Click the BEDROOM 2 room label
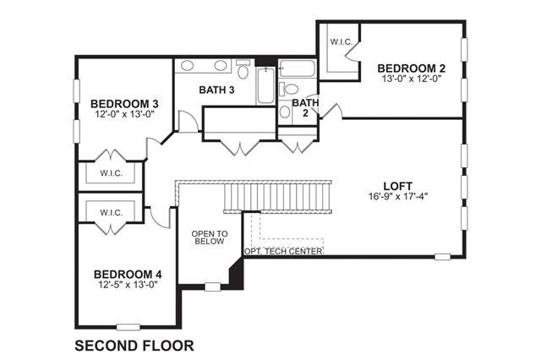(412, 68)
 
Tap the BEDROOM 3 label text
(124, 103)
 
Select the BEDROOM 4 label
(128, 275)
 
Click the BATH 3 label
(216, 90)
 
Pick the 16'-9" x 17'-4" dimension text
(398, 197)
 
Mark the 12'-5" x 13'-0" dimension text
(128, 285)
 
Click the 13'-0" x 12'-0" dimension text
(412, 79)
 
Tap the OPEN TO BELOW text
(210, 237)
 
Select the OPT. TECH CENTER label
(283, 251)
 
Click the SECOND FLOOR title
(134, 346)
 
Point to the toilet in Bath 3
(243, 69)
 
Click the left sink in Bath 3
(187, 66)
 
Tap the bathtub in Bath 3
(265, 85)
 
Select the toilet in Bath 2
(289, 89)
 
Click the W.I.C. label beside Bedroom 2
(341, 42)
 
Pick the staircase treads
(278, 197)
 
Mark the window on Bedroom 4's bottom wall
(128, 327)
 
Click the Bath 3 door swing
(188, 121)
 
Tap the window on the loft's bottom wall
(442, 257)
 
